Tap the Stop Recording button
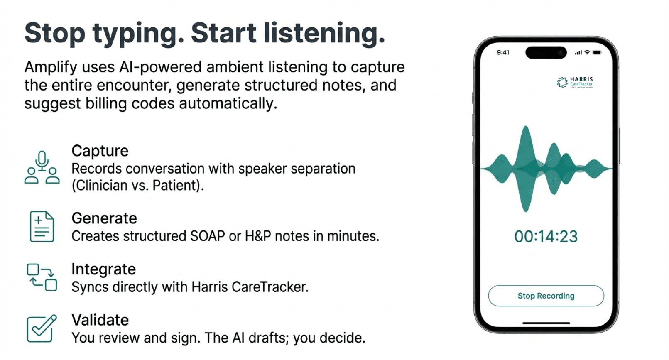(x=546, y=296)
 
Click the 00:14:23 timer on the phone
(x=546, y=236)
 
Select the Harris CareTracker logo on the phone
(x=575, y=82)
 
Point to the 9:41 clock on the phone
(x=503, y=52)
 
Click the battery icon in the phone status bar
(x=597, y=52)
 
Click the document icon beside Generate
(x=42, y=226)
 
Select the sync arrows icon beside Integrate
(x=42, y=277)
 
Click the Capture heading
(x=100, y=151)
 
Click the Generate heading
(x=104, y=218)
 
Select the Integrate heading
(x=103, y=269)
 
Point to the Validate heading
(x=100, y=320)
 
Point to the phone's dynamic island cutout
(x=546, y=52)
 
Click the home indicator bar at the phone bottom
(x=546, y=323)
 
